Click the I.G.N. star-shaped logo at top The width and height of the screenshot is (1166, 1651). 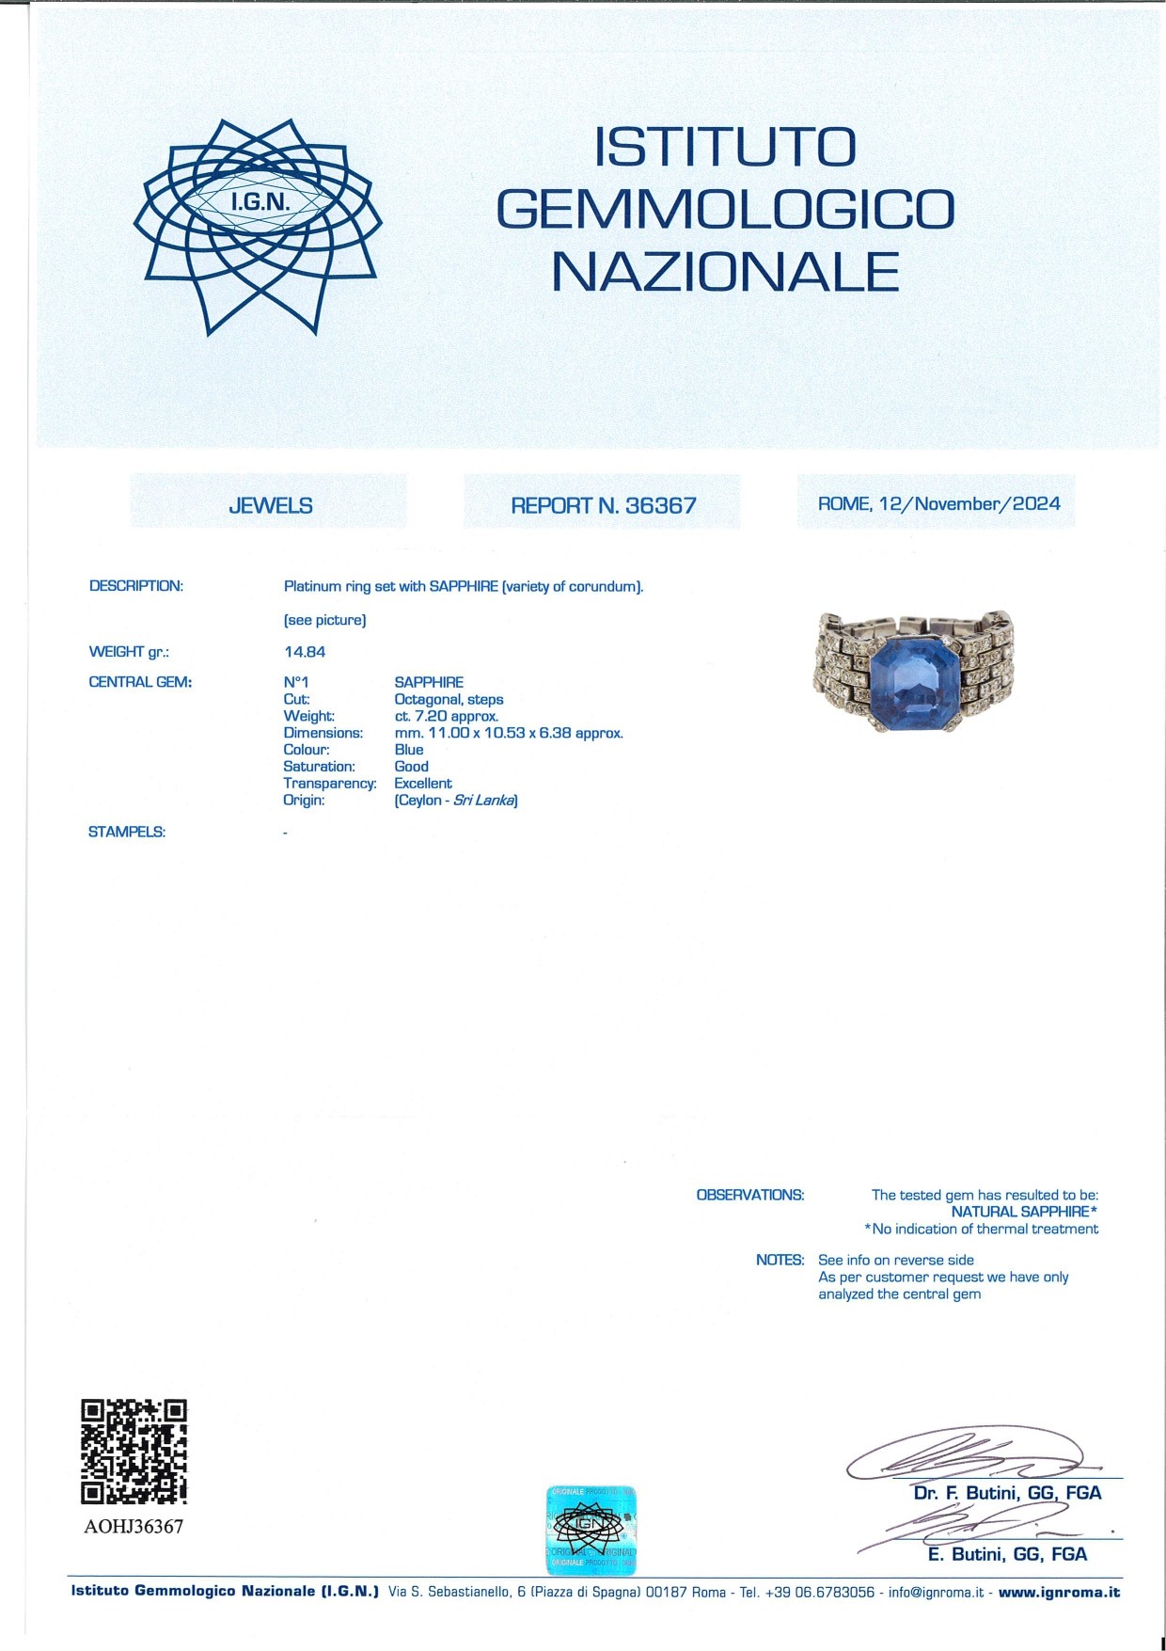pos(258,226)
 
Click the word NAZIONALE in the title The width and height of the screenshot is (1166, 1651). pos(725,272)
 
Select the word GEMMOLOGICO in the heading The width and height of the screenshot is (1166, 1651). pos(725,209)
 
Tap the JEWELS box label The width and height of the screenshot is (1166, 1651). pos(270,505)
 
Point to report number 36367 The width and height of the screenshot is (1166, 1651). pos(660,505)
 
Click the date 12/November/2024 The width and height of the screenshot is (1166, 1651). pos(969,503)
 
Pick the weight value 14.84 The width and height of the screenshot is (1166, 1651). pos(305,651)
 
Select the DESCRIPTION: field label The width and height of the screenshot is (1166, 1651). pos(136,586)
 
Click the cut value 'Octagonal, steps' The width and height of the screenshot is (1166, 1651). pos(449,699)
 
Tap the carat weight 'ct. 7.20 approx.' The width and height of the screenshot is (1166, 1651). pos(446,716)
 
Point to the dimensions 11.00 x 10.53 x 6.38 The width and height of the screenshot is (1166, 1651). pos(508,733)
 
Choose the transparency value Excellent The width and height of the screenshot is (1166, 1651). pos(422,783)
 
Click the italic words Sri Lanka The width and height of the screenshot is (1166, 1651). pos(483,800)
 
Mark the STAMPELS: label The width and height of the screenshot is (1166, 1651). pos(127,832)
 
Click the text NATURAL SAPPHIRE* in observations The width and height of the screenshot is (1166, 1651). pos(1024,1212)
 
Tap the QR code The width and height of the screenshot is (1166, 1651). pos(134,1451)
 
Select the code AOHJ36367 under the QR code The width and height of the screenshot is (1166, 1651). pos(134,1526)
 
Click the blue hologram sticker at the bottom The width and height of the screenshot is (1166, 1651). pos(591,1530)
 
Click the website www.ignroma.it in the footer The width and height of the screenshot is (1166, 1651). pos(1059,1592)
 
